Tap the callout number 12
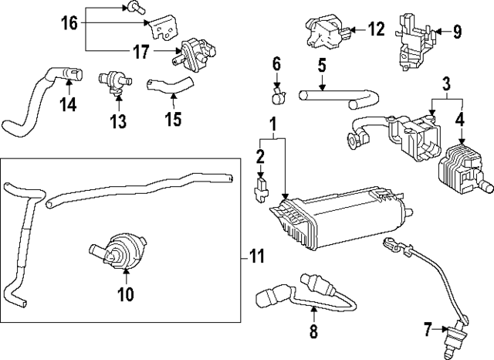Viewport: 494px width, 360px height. click(x=376, y=30)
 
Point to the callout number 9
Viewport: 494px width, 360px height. click(x=456, y=32)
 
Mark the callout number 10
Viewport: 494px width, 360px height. click(x=125, y=294)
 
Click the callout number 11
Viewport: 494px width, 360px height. click(x=256, y=256)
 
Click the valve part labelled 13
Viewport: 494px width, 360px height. click(x=113, y=81)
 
